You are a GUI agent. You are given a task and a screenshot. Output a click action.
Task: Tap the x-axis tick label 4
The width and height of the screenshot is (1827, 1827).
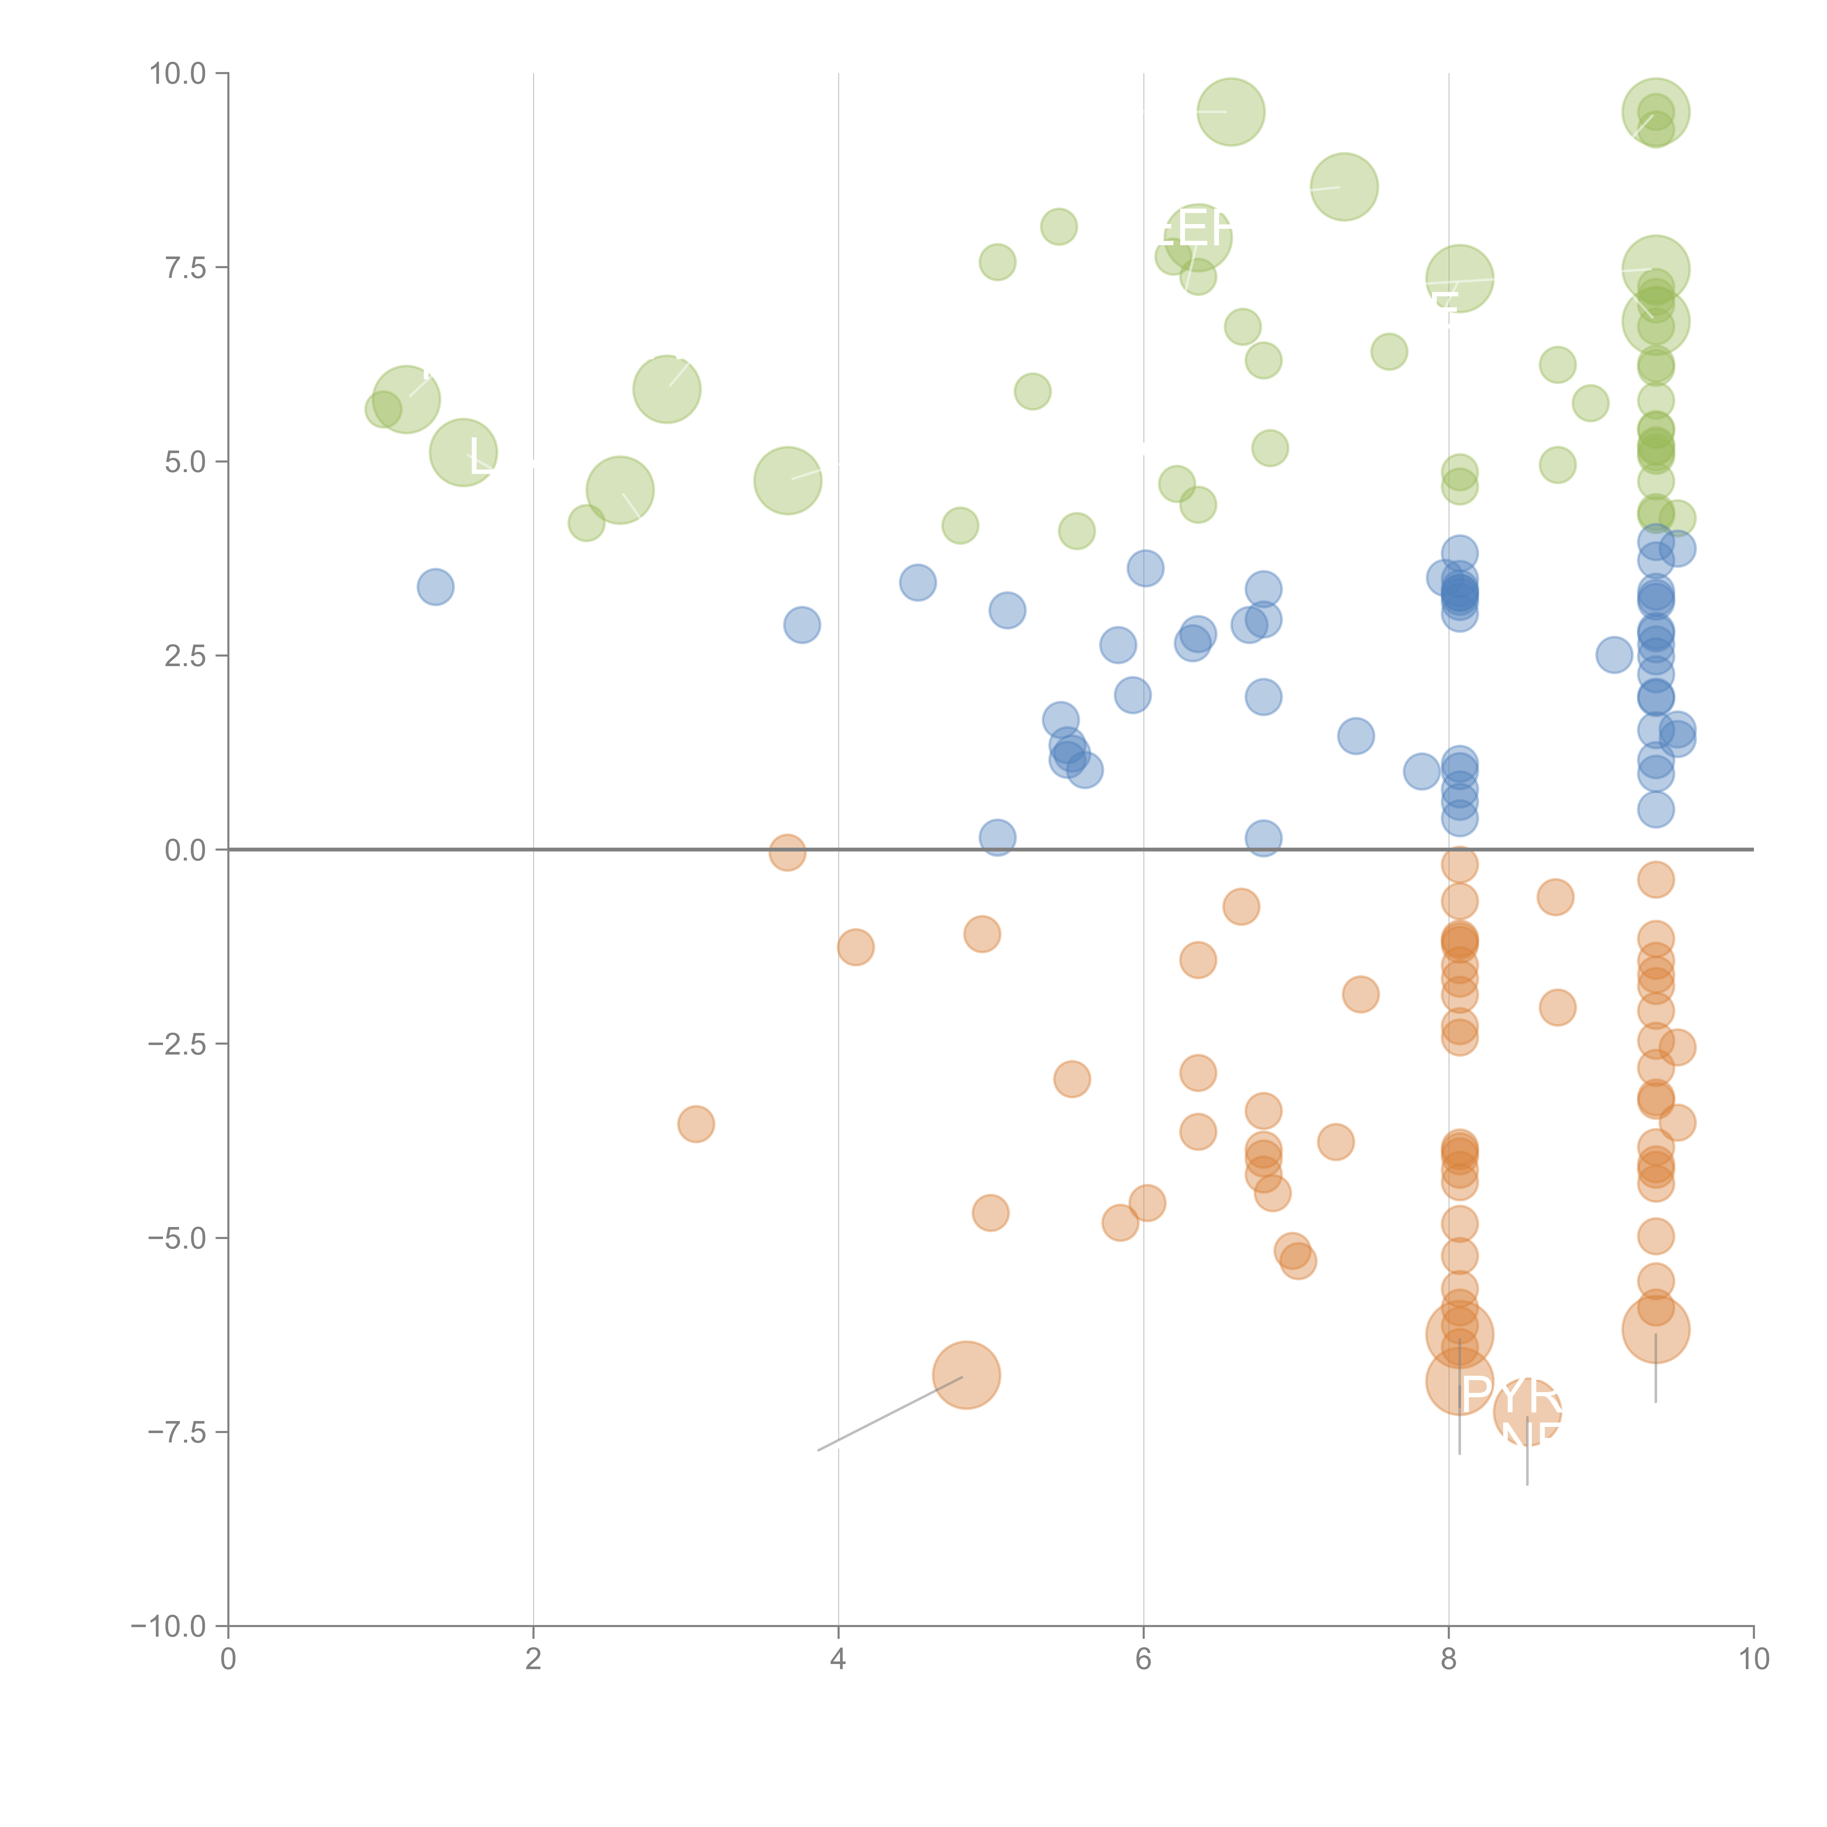tap(838, 1659)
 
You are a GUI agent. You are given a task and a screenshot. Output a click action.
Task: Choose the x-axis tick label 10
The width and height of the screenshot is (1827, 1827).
tap(1753, 1659)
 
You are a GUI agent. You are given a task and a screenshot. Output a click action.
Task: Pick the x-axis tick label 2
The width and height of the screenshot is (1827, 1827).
tap(533, 1659)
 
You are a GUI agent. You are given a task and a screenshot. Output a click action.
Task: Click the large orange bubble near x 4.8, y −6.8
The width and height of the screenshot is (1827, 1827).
tap(965, 1375)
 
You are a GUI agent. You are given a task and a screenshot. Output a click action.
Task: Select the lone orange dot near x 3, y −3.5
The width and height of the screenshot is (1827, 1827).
tap(696, 1124)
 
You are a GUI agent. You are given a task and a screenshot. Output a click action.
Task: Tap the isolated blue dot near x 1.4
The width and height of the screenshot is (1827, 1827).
tap(435, 587)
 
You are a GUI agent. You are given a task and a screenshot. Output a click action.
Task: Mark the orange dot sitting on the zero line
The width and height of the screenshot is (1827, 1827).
tap(787, 852)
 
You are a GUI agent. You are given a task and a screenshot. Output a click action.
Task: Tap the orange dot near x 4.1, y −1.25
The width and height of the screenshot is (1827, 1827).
tap(855, 947)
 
